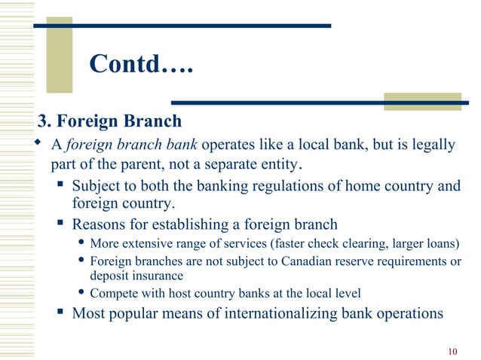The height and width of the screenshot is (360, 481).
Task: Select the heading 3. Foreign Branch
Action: pos(110,121)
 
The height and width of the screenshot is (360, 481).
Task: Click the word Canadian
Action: pos(305,262)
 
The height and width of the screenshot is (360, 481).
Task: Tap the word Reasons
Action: pos(100,224)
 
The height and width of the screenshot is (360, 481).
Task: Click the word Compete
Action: pos(114,293)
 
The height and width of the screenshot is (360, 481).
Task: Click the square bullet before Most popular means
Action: pos(60,312)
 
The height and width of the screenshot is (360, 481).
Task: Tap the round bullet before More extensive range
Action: pos(81,243)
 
